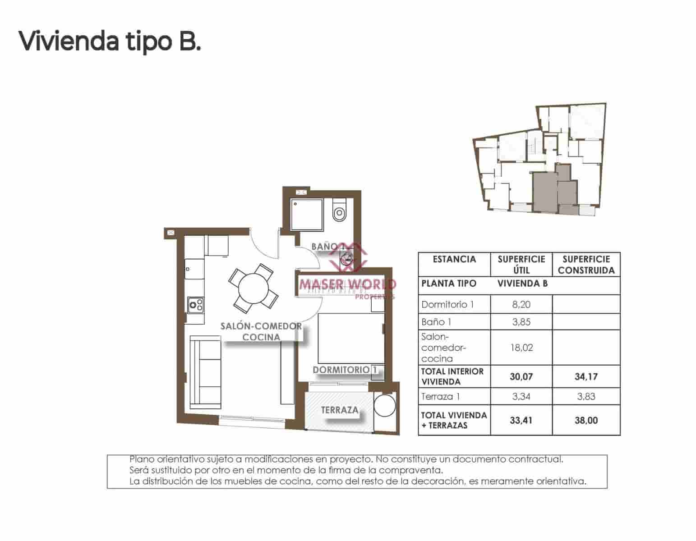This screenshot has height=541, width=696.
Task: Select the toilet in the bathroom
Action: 339,211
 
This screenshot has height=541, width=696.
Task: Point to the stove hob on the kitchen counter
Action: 195,305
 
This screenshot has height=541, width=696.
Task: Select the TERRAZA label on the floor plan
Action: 340,410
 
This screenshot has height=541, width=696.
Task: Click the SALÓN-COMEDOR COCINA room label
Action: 261,331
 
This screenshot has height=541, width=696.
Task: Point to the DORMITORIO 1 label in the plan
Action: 345,370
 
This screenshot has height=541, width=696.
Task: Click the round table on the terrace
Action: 385,406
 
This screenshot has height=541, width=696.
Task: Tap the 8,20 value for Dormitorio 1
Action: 521,304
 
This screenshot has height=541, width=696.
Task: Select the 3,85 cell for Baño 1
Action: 521,322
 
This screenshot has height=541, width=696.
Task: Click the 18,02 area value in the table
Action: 521,348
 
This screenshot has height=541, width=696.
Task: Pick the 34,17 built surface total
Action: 586,376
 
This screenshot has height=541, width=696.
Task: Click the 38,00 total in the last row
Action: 586,420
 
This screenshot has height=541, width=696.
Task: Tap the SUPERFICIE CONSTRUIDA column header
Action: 586,265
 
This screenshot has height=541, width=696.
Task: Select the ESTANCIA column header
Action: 454,259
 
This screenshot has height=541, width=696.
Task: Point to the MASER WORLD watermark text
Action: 347,284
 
